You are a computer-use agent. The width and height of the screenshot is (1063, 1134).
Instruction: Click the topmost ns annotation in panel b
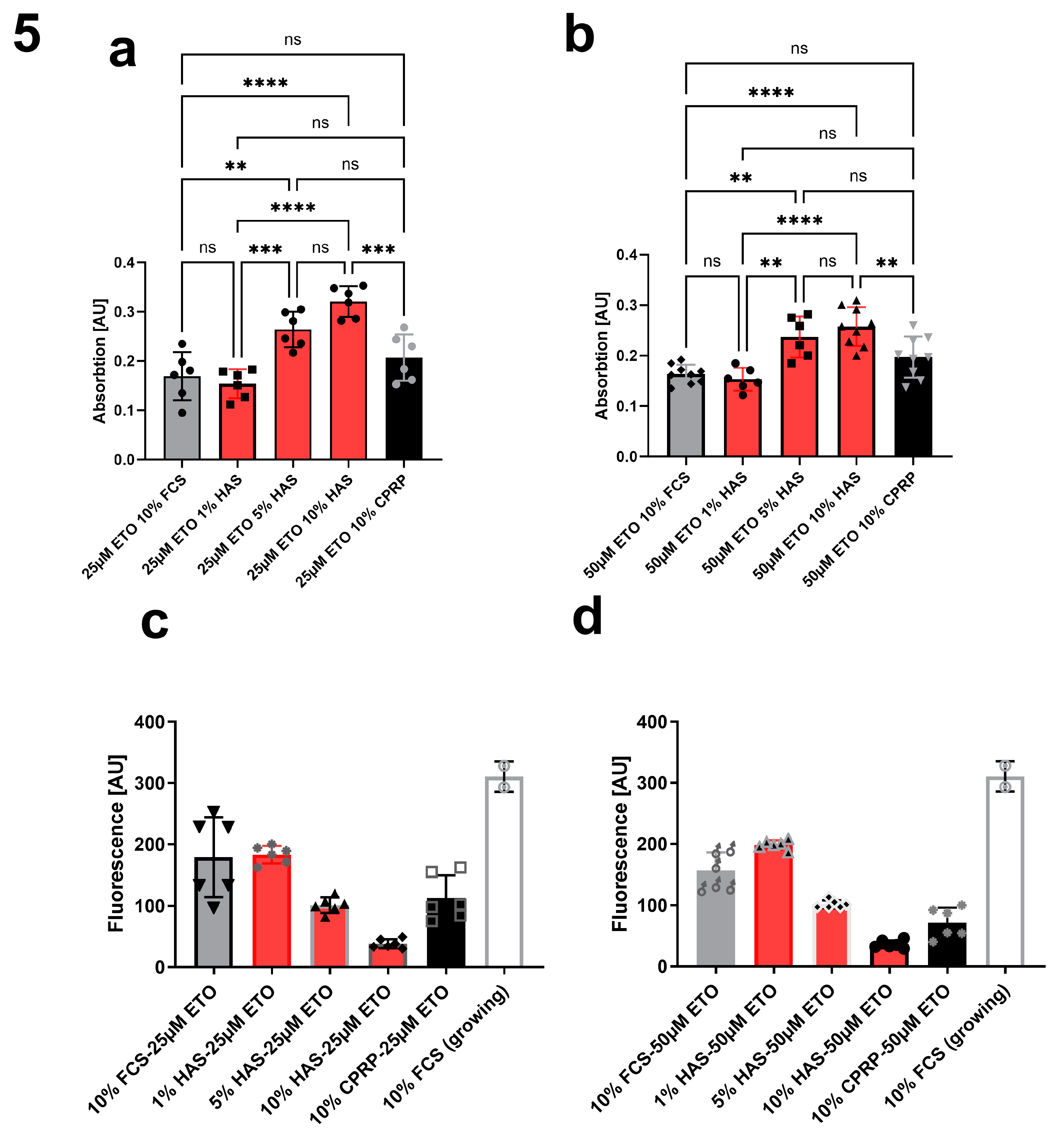[799, 49]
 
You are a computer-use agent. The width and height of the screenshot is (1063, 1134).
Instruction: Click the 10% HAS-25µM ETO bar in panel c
[388, 957]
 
